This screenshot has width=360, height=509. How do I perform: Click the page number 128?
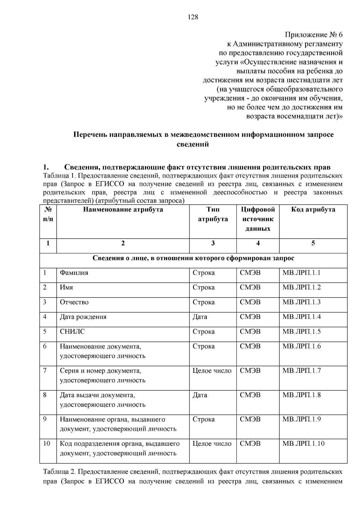point(193,17)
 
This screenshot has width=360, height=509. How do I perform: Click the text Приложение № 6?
point(313,35)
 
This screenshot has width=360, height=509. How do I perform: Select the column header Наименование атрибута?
point(123,210)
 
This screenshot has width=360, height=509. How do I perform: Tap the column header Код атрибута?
point(313,210)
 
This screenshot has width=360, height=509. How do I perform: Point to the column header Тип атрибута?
point(213,214)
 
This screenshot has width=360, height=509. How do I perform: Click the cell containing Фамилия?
point(74,273)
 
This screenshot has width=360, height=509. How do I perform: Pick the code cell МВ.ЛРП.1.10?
point(303,443)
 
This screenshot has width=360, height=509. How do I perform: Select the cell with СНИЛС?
point(72,331)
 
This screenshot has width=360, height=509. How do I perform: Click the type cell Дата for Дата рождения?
point(200,317)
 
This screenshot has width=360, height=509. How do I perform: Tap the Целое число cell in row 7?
point(212,371)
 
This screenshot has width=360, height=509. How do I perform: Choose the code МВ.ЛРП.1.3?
point(301,302)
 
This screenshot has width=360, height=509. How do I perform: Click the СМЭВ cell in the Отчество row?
point(250,302)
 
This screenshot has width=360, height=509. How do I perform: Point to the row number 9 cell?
point(45,419)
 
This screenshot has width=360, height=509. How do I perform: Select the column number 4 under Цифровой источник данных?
point(258,243)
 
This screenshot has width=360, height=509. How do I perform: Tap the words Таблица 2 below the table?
point(59,472)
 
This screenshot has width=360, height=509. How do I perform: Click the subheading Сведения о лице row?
point(193,258)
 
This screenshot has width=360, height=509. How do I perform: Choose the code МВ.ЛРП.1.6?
point(301,346)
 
